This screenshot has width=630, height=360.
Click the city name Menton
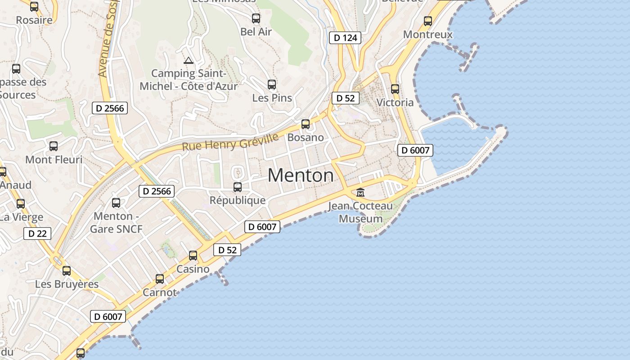301,175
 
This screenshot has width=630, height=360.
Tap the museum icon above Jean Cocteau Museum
360,193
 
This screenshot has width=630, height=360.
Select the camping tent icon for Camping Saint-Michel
189,60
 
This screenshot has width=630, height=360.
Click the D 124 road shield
346,38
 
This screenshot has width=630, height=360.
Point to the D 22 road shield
37,234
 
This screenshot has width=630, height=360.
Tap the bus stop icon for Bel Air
256,18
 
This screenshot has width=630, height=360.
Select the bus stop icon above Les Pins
272,84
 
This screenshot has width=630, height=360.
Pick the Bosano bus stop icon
306,124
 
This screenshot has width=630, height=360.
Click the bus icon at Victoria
395,89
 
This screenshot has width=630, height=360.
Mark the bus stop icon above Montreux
428,21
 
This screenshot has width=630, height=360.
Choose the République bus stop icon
238,187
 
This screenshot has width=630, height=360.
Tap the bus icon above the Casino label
193,256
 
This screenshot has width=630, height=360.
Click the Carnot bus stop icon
160,279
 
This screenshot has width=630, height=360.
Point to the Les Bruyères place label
67,284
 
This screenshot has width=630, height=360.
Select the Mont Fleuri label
54,160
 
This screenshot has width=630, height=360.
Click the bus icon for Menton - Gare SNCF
116,203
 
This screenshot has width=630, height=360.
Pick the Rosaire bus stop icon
34,7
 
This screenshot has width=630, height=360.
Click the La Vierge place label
21,217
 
